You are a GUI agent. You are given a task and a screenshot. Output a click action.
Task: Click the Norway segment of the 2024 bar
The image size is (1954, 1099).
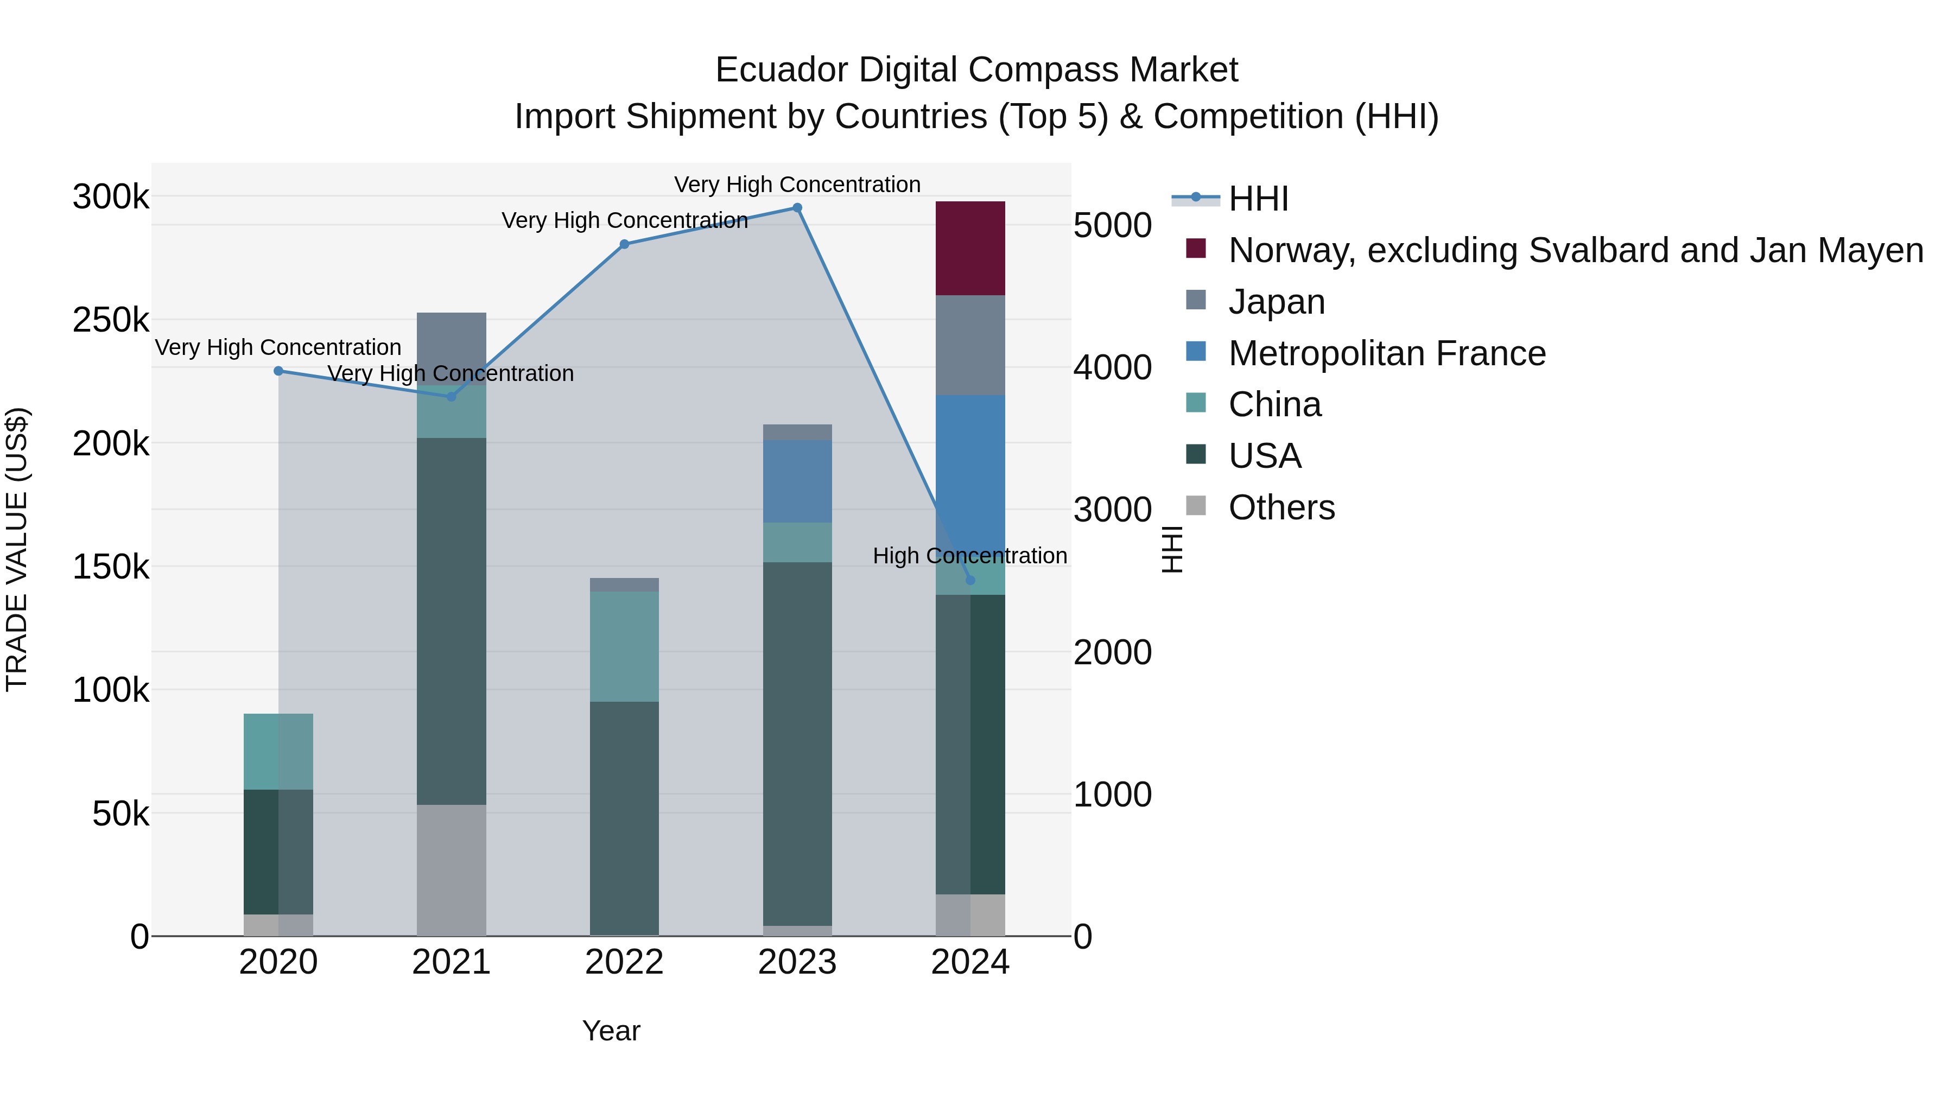coord(969,248)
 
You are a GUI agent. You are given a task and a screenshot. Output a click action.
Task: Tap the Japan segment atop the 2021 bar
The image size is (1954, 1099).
coord(452,347)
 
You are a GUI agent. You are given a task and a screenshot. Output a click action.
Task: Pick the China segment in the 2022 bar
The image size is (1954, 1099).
coord(624,646)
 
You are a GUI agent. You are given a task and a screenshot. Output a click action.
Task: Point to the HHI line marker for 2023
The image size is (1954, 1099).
coord(797,208)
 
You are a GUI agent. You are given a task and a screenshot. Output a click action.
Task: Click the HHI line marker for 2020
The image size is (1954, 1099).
coord(278,371)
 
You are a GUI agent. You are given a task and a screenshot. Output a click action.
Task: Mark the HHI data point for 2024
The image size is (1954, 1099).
coord(970,580)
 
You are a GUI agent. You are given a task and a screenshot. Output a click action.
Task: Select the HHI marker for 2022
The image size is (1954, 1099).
coord(624,244)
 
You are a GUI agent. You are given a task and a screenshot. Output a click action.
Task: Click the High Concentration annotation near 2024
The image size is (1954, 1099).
coord(969,556)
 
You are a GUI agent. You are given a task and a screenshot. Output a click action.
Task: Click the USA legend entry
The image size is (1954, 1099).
coord(1265,456)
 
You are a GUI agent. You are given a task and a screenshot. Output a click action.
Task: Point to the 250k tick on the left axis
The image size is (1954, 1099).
coord(111,320)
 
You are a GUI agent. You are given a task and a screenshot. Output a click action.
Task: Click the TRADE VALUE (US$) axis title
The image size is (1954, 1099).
coord(17,549)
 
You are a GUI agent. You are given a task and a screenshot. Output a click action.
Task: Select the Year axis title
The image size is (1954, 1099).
coord(611,1031)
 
